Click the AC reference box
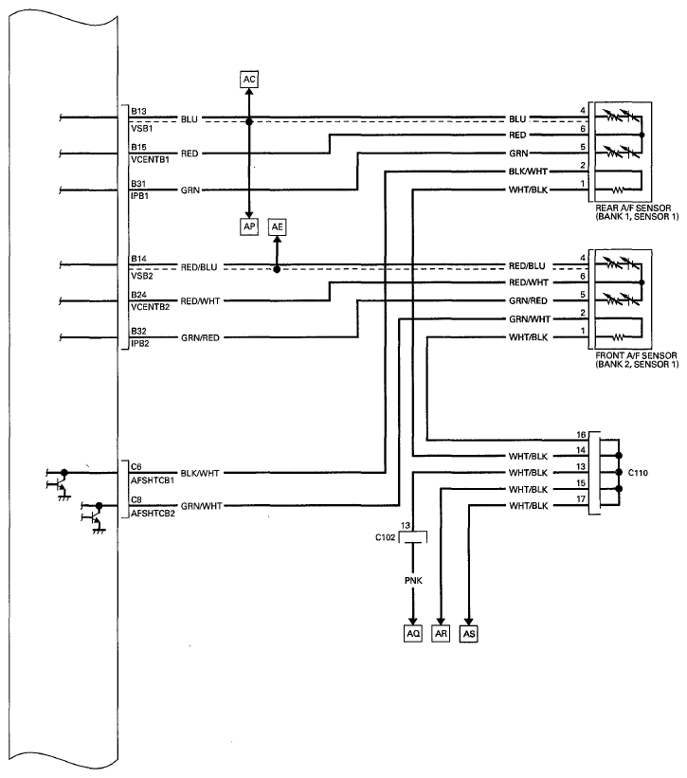[x=249, y=80]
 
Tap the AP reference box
[x=249, y=226]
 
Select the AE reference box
[x=277, y=226]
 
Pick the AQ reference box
[x=413, y=634]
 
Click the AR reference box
[x=441, y=634]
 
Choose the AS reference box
[x=469, y=634]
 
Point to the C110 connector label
[x=638, y=473]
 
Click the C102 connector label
[x=386, y=537]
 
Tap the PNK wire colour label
[x=413, y=581]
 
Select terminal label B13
[x=138, y=111]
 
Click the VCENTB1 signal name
[x=151, y=160]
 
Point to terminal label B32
[x=138, y=331]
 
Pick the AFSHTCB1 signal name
[x=153, y=480]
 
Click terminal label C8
[x=136, y=499]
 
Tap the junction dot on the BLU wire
[x=249, y=121]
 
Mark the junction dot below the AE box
[x=277, y=269]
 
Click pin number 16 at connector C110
[x=581, y=435]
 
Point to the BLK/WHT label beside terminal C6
[x=200, y=474]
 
